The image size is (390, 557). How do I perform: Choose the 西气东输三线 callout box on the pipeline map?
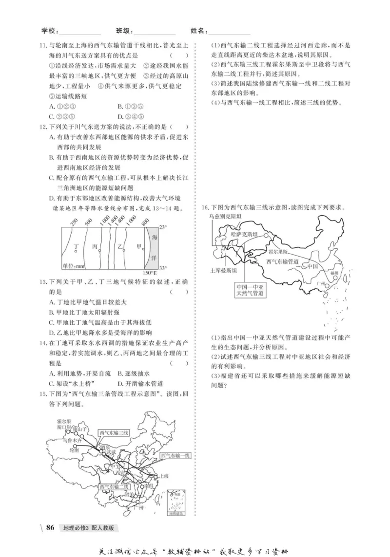pyautogui.click(x=114, y=432)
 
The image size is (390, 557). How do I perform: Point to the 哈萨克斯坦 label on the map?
pyautogui.click(x=244, y=234)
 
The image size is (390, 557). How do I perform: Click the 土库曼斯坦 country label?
pyautogui.click(x=223, y=269)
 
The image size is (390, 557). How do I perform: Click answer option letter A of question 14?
pyautogui.click(x=53, y=373)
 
